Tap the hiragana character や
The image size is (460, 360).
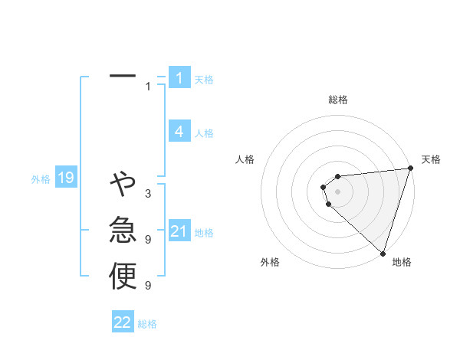(123, 184)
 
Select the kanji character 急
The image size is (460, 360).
(123, 230)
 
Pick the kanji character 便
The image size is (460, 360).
(123, 276)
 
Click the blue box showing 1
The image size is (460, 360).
(179, 77)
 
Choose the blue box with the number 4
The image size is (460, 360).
(179, 131)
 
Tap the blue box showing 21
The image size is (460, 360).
(179, 231)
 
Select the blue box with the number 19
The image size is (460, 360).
(65, 178)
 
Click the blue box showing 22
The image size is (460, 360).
(123, 322)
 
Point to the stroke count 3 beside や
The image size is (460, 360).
(148, 194)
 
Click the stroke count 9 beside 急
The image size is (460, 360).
(148, 240)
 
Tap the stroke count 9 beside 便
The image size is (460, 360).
(148, 286)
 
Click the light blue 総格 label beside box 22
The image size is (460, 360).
(147, 324)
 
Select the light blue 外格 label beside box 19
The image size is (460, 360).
(41, 179)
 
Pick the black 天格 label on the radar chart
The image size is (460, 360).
(431, 159)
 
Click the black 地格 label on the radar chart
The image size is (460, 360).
(402, 262)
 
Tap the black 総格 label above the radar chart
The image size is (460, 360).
(338, 100)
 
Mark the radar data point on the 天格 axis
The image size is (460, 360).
(410, 169)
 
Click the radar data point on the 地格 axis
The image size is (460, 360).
(382, 251)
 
